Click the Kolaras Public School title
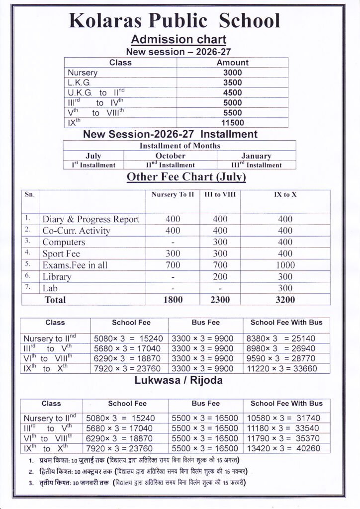174,21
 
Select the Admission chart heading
178,40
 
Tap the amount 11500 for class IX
232,123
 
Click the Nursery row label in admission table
83,73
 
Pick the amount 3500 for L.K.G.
232,83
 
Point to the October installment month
170,156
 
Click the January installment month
256,156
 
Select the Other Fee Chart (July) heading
186,176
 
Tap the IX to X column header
285,195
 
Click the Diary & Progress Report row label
90,219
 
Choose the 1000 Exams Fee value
285,265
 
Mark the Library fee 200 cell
220,276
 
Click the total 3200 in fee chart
285,299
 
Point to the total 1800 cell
173,299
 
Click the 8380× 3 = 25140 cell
281,339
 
